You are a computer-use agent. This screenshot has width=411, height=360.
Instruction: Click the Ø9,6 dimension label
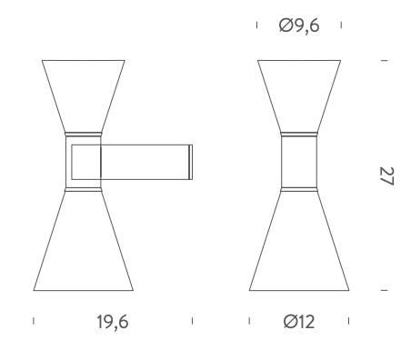tap(299, 25)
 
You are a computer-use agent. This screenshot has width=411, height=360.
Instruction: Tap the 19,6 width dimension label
tap(113, 322)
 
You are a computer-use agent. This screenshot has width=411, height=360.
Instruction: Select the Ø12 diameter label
tap(299, 322)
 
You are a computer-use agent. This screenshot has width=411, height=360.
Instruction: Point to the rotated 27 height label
tap(386, 175)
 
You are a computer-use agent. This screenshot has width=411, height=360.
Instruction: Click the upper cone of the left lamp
tap(84, 96)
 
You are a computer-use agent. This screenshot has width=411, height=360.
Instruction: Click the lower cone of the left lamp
tap(84, 241)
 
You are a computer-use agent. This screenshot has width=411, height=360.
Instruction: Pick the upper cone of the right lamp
tap(299, 96)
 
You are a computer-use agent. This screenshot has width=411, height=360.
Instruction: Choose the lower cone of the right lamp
tap(299, 241)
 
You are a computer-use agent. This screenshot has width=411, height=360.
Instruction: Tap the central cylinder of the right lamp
tap(299, 162)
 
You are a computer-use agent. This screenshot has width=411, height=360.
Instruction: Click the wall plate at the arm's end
tap(191, 162)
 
